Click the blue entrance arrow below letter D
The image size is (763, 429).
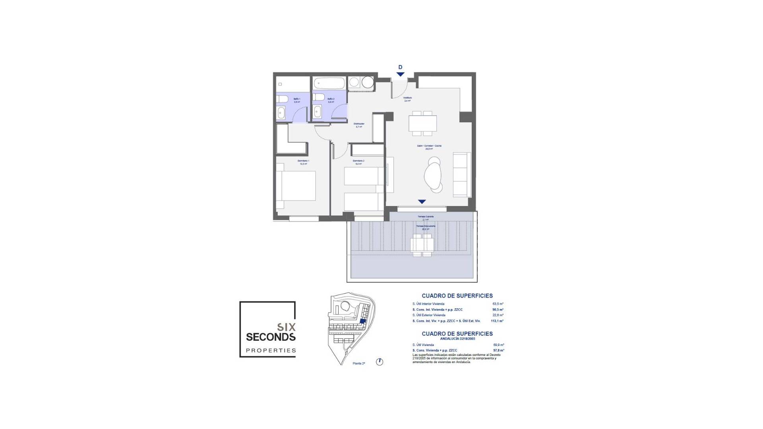point(400,74)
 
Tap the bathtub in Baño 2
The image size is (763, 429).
point(329,83)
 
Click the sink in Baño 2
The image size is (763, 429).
point(318,112)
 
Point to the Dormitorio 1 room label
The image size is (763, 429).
point(303,161)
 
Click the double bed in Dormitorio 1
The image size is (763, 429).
point(296,186)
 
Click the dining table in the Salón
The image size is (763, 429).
point(422,123)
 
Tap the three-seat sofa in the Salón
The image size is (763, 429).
point(462,175)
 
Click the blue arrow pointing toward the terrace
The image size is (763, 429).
point(422,202)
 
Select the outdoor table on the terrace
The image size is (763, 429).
point(422,245)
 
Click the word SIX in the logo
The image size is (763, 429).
point(286,327)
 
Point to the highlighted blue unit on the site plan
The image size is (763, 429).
point(362,322)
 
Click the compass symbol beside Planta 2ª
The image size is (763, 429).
point(380,362)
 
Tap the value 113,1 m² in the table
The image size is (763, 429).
point(497,321)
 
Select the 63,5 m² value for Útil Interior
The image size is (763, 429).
point(498,304)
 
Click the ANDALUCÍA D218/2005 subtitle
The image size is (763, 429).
point(457,339)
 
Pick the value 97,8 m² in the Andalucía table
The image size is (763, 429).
point(498,350)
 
